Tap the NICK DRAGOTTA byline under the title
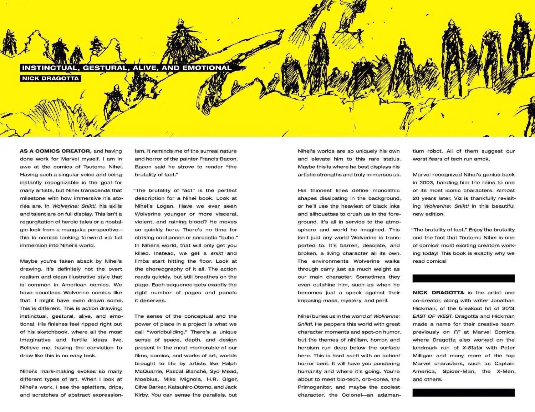(x=50, y=78)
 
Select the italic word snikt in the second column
(x=217, y=253)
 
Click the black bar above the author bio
(x=463, y=278)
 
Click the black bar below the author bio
(x=463, y=392)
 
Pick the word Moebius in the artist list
(x=146, y=379)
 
